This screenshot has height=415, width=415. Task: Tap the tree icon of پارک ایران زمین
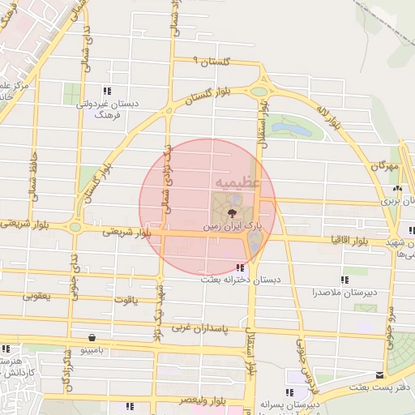pyautogui.click(x=233, y=214)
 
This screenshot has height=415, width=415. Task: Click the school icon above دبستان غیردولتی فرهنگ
pyautogui.click(x=107, y=91)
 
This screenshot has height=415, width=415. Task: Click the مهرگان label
pyautogui.click(x=385, y=165)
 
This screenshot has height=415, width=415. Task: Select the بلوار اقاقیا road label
pyautogui.click(x=349, y=241)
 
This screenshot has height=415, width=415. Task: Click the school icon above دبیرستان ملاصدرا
pyautogui.click(x=345, y=280)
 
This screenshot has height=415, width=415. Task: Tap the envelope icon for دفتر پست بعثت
pyautogui.click(x=379, y=374)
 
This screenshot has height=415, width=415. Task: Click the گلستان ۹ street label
pyautogui.click(x=213, y=62)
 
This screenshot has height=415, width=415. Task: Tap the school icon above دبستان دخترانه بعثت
pyautogui.click(x=239, y=267)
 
